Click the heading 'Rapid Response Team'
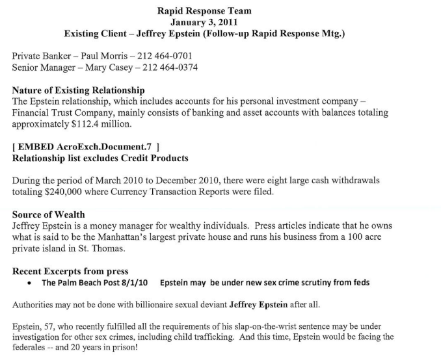[x=204, y=10]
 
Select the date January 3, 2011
[x=204, y=21]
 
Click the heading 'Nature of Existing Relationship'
[x=79, y=90]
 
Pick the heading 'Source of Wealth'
[x=49, y=214]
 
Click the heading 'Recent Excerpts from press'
[x=70, y=271]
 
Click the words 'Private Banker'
[x=38, y=57]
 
